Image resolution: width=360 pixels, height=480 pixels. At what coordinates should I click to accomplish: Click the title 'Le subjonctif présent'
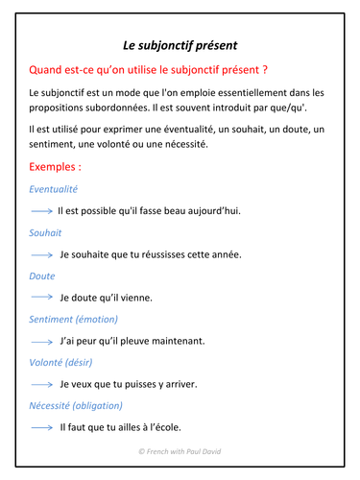[180, 44]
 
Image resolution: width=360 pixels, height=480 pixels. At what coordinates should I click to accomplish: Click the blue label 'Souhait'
[46, 232]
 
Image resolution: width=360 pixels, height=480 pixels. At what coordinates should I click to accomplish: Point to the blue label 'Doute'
[42, 276]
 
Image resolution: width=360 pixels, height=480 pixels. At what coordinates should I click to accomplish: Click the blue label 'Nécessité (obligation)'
[81, 405]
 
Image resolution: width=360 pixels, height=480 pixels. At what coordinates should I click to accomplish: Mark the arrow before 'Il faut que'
[42, 427]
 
